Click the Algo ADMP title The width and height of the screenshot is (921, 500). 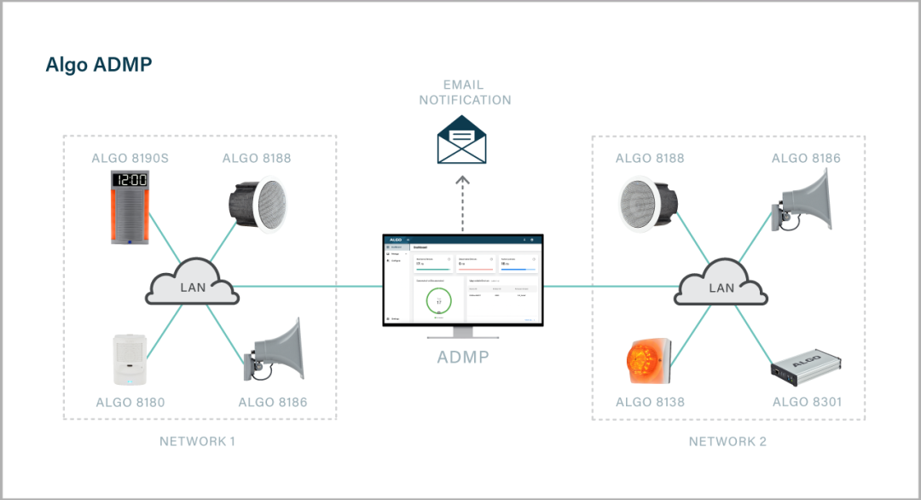pyautogui.click(x=99, y=65)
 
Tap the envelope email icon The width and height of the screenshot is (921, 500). pyautogui.click(x=461, y=141)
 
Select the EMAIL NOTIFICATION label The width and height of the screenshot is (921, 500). pyautogui.click(x=465, y=92)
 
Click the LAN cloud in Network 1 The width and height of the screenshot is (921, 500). pyautogui.click(x=193, y=287)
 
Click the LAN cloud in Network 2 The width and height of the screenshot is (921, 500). pyautogui.click(x=721, y=287)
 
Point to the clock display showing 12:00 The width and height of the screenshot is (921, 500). pyautogui.click(x=130, y=181)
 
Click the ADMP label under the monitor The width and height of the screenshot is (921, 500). pyautogui.click(x=463, y=358)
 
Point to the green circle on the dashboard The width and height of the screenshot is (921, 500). pyautogui.click(x=438, y=302)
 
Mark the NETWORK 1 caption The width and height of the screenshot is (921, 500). pyautogui.click(x=197, y=441)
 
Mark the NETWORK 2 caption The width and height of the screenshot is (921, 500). pyautogui.click(x=727, y=441)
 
